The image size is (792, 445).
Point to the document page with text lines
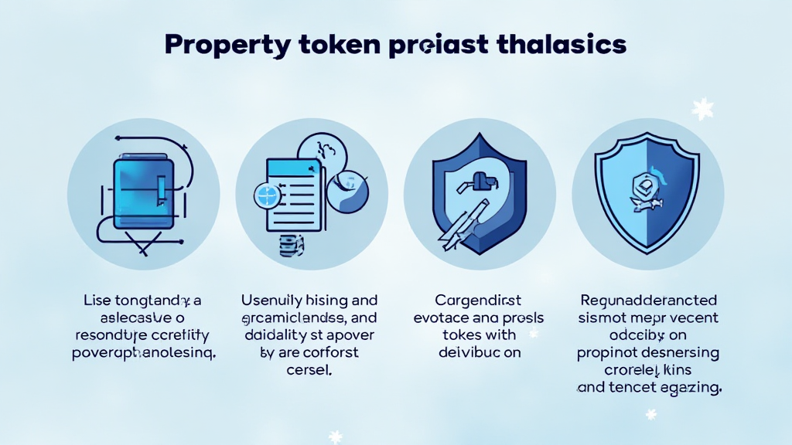[293, 194]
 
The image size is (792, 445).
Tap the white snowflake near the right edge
[702, 108]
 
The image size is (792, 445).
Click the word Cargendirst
[480, 300]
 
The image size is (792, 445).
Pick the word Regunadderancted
[648, 300]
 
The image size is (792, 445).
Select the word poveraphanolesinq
[143, 353]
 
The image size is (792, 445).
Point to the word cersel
[309, 370]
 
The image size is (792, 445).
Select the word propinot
[609, 353]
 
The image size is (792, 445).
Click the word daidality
[273, 335]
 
